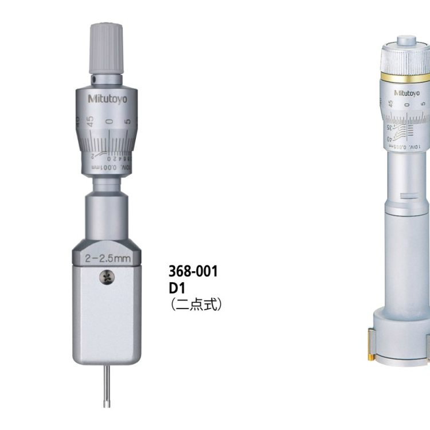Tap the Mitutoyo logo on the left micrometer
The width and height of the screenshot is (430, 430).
coord(108,99)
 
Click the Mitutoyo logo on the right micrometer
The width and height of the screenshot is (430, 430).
coord(406,92)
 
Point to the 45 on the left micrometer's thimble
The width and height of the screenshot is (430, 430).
coord(90,121)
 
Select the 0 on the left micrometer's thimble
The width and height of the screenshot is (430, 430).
coord(110,123)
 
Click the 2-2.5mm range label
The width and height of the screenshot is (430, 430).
coord(107,259)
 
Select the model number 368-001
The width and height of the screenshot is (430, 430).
coord(193,272)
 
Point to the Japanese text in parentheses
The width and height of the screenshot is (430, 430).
coord(196,304)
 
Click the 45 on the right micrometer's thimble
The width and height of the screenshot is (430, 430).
coord(390,104)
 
